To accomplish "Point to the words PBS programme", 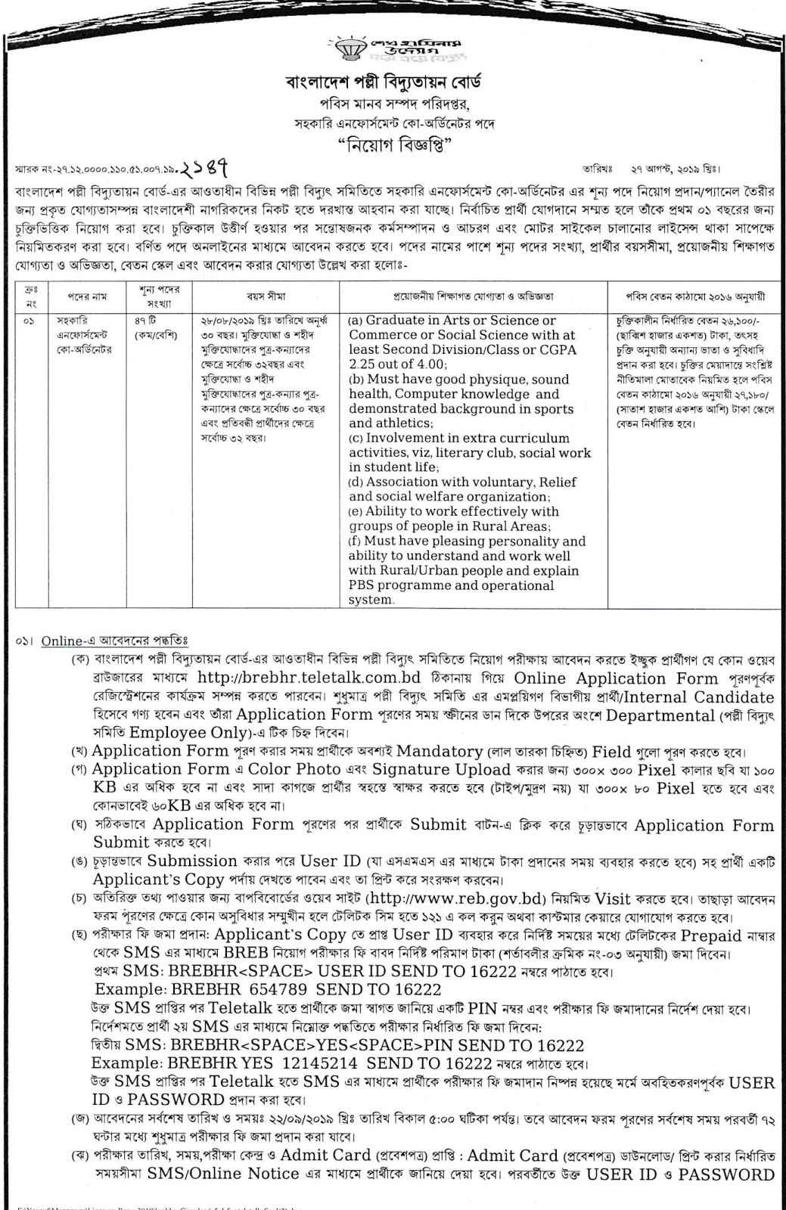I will coord(398,585).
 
